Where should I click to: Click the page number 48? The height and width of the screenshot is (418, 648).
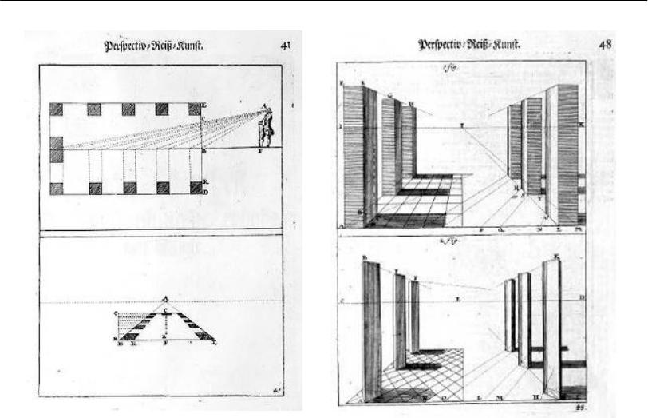coord(605,44)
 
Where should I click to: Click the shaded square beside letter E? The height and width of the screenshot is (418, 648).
coord(194,109)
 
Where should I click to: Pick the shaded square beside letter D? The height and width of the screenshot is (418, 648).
coord(194,188)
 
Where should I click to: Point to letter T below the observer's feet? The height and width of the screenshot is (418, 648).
coord(259,151)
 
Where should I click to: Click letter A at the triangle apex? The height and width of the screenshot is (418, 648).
coord(165,297)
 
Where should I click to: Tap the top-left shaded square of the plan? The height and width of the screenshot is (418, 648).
coord(56,109)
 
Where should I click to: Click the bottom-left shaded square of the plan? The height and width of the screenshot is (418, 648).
coord(56,188)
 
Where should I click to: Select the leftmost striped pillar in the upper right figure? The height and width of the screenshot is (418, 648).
coord(353,156)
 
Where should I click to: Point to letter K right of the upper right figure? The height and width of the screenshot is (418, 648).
coord(581,125)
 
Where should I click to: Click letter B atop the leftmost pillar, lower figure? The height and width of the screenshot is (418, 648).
coord(364,257)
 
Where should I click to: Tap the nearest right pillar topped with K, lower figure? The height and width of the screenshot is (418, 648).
coord(551,328)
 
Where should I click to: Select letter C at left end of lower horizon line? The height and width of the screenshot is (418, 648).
coord(342,301)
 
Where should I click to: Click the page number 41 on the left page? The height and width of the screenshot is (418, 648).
coord(284,46)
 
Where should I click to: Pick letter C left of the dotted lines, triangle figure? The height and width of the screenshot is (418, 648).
coord(117,313)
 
